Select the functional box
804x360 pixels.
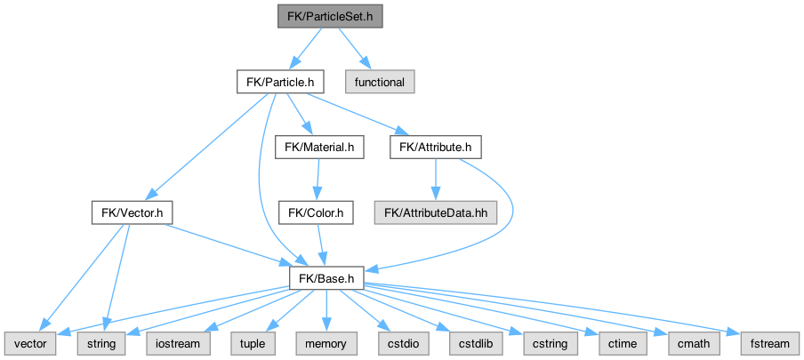(x=380, y=82)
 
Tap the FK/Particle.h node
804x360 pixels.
(x=279, y=82)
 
